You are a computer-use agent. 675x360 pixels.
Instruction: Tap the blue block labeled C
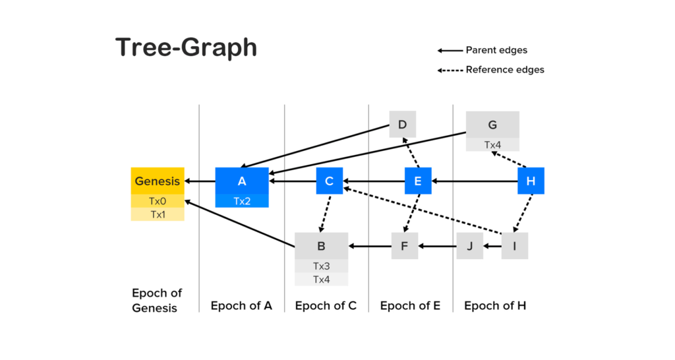(330, 181)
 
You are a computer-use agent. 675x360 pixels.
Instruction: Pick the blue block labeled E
(418, 181)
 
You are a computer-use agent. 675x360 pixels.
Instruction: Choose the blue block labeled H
(531, 181)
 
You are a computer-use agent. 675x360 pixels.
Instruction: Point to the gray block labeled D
(403, 125)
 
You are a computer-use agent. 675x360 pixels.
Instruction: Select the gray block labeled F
(405, 246)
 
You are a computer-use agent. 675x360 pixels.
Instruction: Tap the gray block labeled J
(469, 246)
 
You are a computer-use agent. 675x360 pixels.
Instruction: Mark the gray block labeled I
(515, 246)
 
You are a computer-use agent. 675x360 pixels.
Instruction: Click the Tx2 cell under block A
(242, 201)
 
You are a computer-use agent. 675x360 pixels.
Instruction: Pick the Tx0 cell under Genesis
(158, 201)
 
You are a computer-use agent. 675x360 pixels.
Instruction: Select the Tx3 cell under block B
(322, 266)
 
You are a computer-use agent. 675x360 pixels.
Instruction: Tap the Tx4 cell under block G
(492, 144)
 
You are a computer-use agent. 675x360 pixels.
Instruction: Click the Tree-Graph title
(186, 47)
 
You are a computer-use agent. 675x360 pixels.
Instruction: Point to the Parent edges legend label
(496, 50)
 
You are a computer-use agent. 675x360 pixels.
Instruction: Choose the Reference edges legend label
(505, 70)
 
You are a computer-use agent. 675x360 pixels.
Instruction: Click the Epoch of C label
(326, 306)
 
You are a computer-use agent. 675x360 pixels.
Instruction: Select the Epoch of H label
(495, 306)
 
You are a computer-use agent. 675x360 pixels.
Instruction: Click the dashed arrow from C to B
(325, 214)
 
